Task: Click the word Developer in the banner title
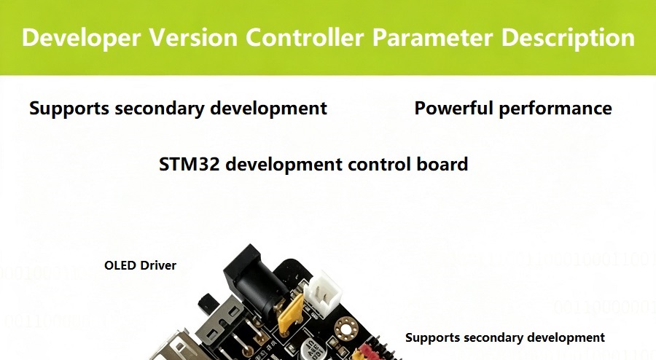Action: point(81,38)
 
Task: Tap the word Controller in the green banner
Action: point(304,37)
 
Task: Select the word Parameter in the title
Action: point(432,37)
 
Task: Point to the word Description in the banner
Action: point(568,38)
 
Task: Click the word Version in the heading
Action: point(193,37)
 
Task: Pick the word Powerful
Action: point(453,108)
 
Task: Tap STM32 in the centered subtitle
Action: point(189,164)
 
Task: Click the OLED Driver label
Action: point(140,265)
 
